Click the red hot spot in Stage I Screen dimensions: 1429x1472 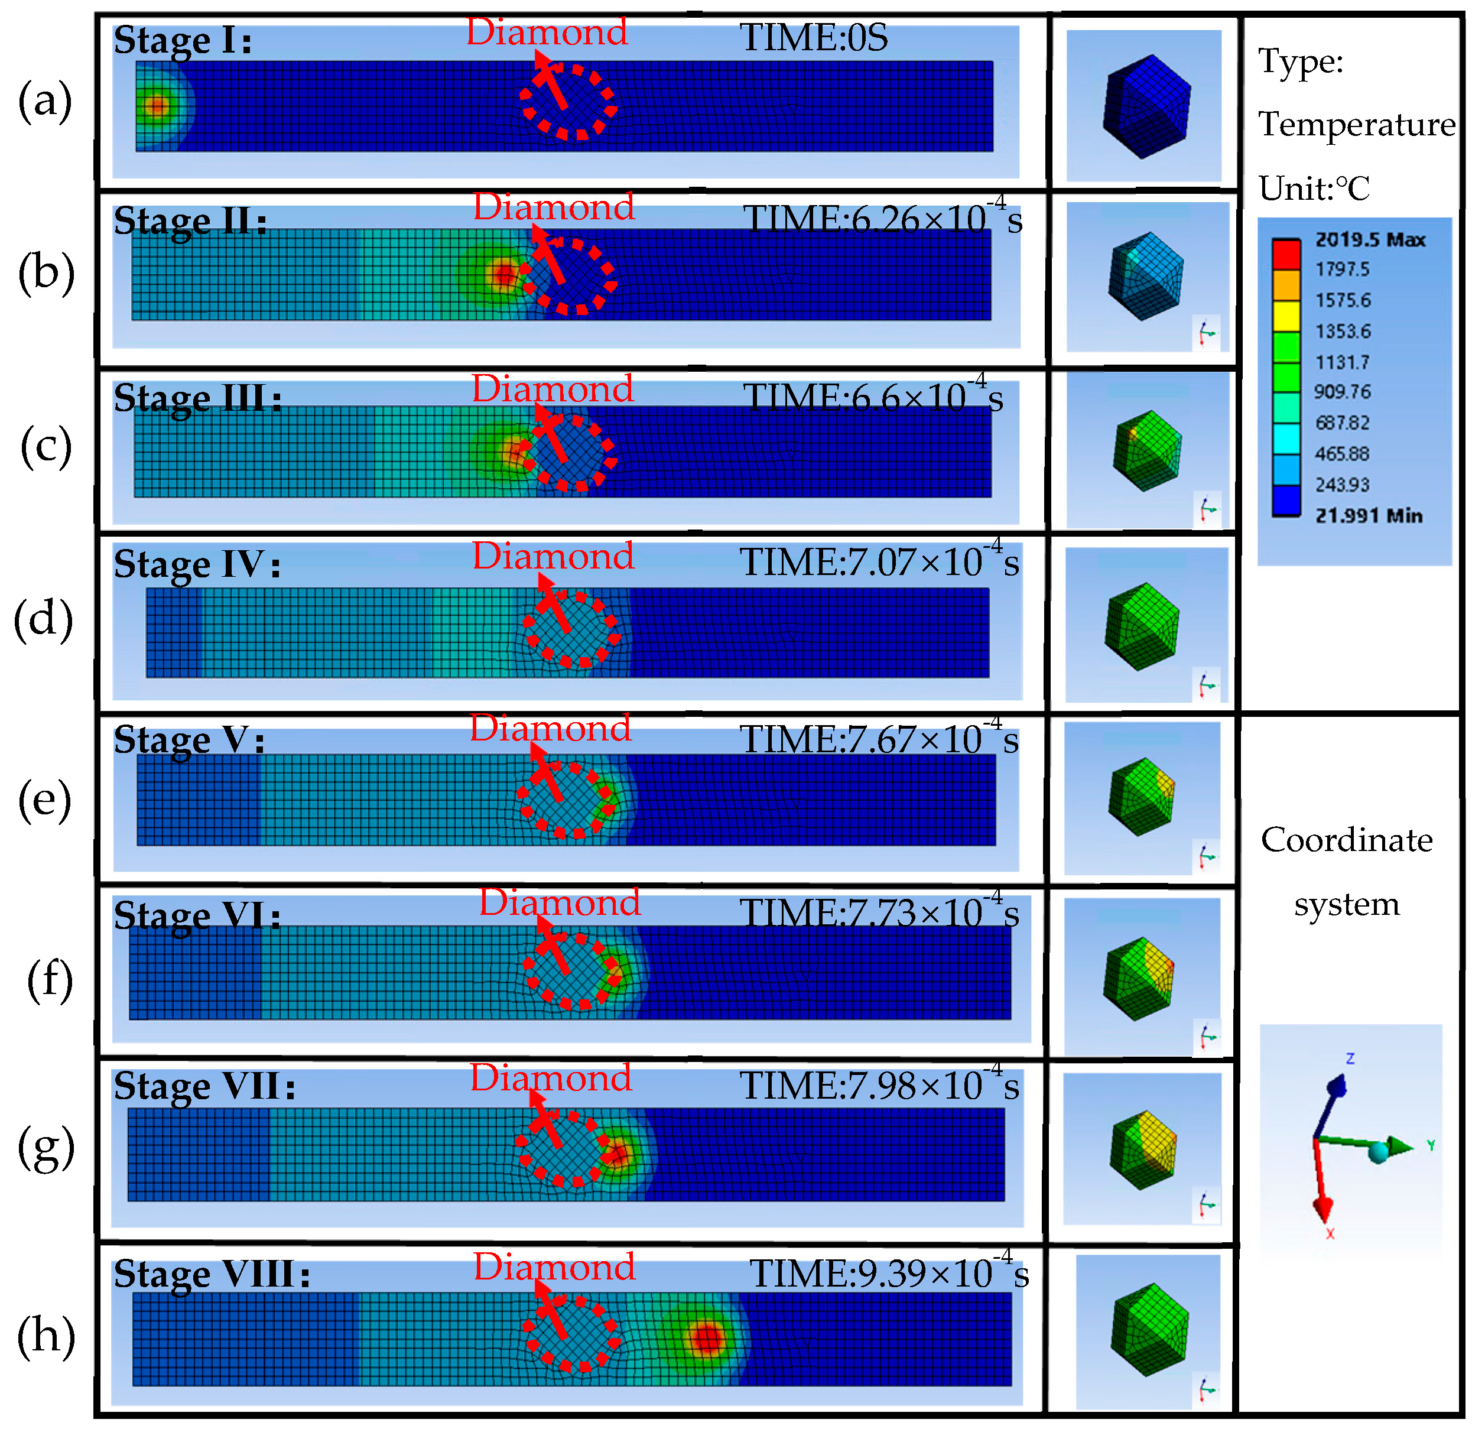(x=156, y=106)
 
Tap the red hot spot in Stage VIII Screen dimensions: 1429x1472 (x=706, y=1337)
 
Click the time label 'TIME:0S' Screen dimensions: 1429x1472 (x=813, y=38)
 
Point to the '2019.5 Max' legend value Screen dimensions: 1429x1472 (x=1369, y=239)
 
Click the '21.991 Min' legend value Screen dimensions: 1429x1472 (x=1367, y=515)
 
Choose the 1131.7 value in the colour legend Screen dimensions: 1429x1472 (x=1342, y=362)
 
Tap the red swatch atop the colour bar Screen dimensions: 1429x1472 (x=1286, y=254)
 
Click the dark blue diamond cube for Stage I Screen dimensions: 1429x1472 (x=1146, y=106)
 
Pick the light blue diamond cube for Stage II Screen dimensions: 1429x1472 (x=1146, y=275)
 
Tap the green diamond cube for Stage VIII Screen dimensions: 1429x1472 (x=1149, y=1330)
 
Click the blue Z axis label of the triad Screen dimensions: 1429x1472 (x=1350, y=1058)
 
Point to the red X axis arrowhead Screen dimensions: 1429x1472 (x=1322, y=1209)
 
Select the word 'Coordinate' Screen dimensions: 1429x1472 (x=1347, y=840)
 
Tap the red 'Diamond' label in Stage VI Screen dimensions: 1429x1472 (x=560, y=902)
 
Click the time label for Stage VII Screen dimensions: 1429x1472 (x=879, y=1086)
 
